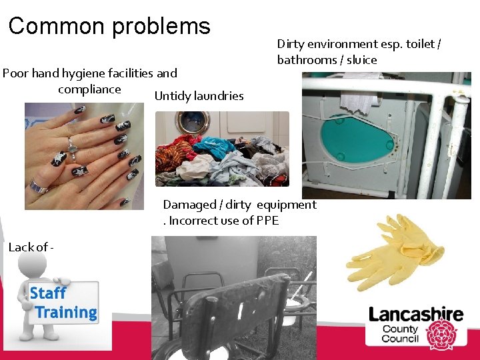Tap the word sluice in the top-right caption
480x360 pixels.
click(x=361, y=60)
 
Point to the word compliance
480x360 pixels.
click(x=89, y=89)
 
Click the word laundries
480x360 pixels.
click(x=218, y=96)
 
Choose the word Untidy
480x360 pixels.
click(x=172, y=96)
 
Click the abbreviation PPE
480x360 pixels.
click(x=266, y=221)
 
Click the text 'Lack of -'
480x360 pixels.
click(x=31, y=247)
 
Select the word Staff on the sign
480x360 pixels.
click(x=48, y=293)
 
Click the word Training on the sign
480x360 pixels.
click(x=66, y=312)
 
